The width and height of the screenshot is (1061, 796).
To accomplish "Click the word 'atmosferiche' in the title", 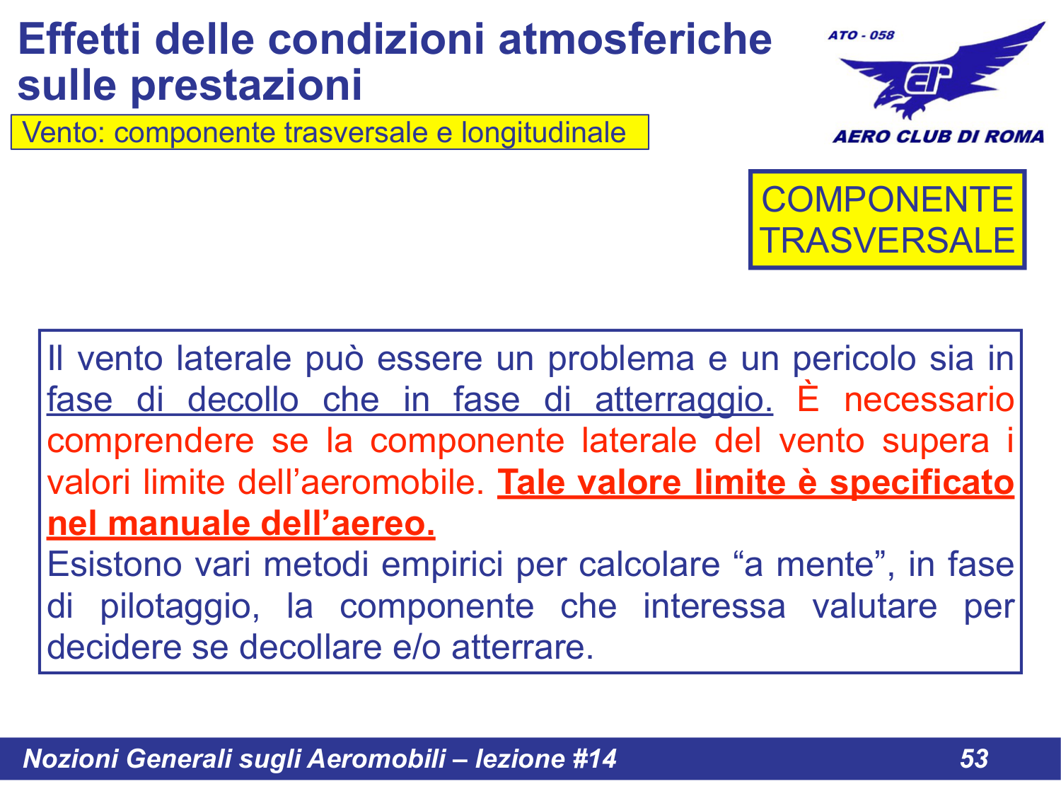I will coord(634,39).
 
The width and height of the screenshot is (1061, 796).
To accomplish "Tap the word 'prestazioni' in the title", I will coord(245,86).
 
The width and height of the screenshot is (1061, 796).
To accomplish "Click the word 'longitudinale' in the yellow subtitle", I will coord(543,133).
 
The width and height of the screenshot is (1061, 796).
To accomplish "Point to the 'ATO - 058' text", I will coord(861,35).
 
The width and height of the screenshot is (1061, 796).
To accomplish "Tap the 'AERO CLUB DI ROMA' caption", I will coord(938,137).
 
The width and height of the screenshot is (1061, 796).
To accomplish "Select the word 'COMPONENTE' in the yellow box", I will coord(887,200).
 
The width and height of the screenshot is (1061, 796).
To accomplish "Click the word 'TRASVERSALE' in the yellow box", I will coord(887,241).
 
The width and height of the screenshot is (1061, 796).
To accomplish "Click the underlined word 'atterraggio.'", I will coord(683,400).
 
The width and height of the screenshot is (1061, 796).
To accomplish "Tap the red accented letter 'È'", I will coord(808,399).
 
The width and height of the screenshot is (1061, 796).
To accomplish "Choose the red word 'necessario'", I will coord(929,400).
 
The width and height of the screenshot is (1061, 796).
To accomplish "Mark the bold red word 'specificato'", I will coord(922,483).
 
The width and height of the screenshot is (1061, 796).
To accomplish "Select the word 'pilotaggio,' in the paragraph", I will coord(180,607).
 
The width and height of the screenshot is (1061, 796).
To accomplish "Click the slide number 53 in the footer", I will coord(973,758).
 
